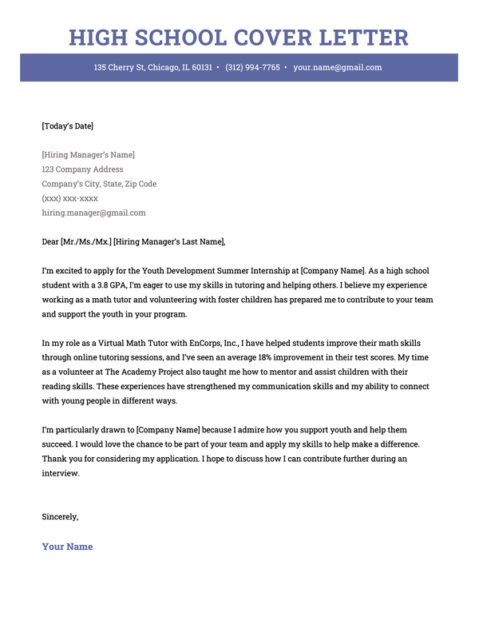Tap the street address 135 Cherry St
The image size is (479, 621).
tap(119, 68)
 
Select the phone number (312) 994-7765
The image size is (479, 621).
tap(252, 68)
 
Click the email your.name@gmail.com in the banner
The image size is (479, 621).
tap(337, 68)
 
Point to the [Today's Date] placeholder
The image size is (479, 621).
tap(68, 125)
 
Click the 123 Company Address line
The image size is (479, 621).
tap(82, 169)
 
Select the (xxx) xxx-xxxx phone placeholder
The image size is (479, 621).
tap(70, 198)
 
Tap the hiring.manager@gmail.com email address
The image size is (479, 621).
tap(93, 213)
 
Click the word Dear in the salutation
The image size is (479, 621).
tap(50, 242)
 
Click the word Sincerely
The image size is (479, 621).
tap(60, 516)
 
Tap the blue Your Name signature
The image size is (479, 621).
tap(67, 547)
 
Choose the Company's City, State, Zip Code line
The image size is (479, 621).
tap(99, 184)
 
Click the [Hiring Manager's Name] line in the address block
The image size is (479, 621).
tap(88, 155)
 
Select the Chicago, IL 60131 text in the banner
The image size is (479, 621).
tap(180, 68)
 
